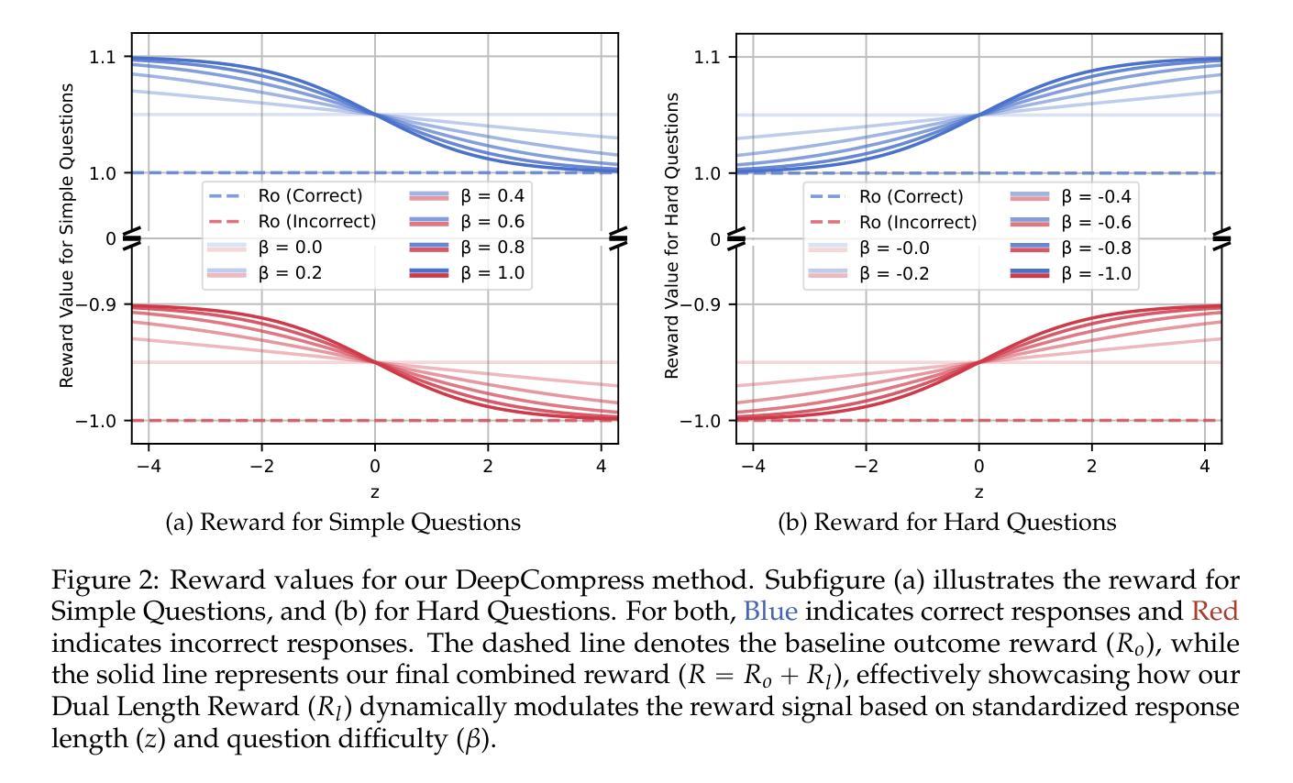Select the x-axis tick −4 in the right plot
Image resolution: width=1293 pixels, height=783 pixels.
click(752, 466)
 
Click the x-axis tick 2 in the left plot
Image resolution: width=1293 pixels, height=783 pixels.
click(488, 466)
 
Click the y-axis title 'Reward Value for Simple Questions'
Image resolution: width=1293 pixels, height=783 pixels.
click(67, 235)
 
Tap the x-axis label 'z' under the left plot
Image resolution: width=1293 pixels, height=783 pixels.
click(375, 492)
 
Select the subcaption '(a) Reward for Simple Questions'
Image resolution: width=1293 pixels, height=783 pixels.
click(343, 523)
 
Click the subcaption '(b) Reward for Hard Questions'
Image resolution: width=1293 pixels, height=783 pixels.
click(947, 523)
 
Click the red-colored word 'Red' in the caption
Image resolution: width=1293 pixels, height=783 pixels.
click(1215, 611)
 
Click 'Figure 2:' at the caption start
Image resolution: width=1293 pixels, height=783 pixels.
click(106, 580)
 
